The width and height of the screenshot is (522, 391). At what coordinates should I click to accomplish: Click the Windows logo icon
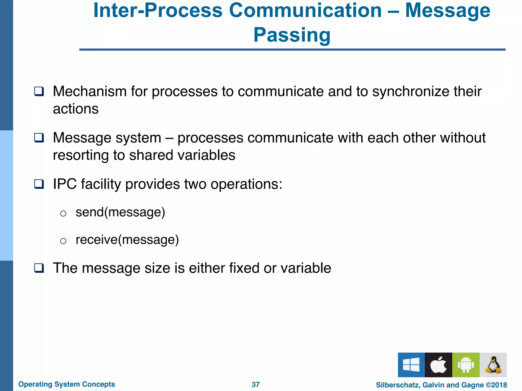411,365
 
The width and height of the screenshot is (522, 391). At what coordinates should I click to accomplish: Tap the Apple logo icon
438,365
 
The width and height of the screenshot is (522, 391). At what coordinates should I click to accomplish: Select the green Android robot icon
466,365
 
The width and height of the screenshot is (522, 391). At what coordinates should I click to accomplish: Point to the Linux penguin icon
493,365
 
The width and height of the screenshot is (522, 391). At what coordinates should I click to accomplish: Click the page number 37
256,384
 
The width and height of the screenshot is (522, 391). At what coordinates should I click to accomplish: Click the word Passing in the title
292,35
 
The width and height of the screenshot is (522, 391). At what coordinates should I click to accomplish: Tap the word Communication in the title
305,10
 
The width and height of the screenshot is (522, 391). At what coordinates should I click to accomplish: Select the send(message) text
120,212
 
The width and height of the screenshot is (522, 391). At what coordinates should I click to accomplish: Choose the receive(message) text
127,240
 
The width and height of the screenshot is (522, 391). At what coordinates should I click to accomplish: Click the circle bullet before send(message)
63,213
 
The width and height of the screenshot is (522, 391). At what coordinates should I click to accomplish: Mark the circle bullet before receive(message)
63,241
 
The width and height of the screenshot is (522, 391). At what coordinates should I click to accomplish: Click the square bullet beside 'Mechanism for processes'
39,91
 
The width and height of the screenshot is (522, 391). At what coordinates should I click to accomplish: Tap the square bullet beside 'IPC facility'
39,184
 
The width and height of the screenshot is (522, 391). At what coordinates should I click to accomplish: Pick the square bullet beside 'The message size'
39,268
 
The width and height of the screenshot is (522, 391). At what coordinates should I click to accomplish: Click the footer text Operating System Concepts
67,384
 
